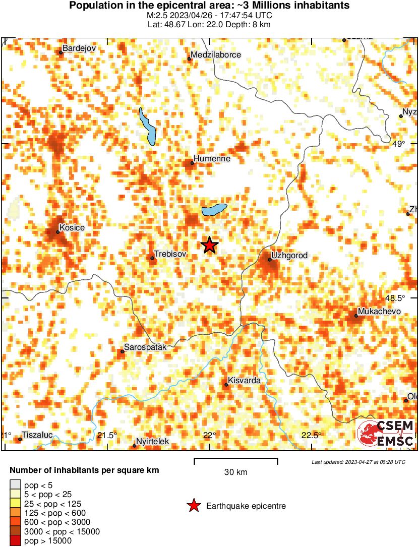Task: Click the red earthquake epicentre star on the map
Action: click(210, 245)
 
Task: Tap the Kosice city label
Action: click(72, 228)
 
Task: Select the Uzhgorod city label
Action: click(289, 256)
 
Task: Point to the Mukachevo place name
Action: click(379, 311)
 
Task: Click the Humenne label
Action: click(212, 158)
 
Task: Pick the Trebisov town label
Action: click(171, 254)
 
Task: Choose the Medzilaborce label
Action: click(216, 54)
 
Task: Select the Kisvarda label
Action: click(244, 380)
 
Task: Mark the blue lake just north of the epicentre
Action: click(214, 209)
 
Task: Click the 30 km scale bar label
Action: click(235, 472)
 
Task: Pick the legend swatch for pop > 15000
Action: click(15, 541)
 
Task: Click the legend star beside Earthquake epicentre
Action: click(193, 506)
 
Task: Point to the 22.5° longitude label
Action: click(311, 435)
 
